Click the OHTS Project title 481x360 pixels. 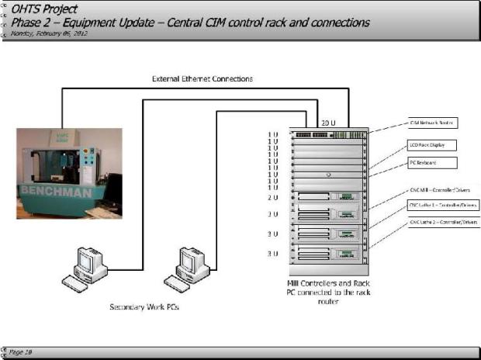point(45,9)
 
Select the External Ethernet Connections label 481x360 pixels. point(201,79)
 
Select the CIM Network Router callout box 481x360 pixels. point(432,123)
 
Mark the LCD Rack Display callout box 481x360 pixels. point(432,144)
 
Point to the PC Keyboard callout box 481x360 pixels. point(432,163)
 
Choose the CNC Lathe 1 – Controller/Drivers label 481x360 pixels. point(440,206)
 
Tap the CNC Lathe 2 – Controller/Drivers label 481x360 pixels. point(440,223)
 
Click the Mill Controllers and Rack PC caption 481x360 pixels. point(325,293)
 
